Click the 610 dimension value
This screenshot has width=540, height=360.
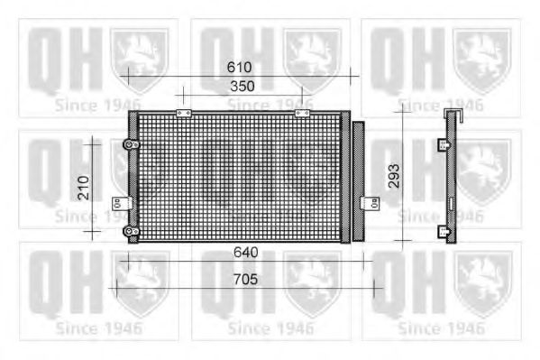pyautogui.click(x=239, y=67)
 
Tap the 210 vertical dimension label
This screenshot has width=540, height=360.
pyautogui.click(x=83, y=188)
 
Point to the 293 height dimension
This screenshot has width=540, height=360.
pyautogui.click(x=391, y=180)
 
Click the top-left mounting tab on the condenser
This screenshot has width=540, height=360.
pyautogui.click(x=185, y=113)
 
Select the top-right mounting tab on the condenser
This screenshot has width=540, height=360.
pyautogui.click(x=301, y=113)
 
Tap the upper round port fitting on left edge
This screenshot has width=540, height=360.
pyautogui.click(x=131, y=145)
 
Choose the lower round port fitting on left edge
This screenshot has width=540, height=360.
pyautogui.click(x=131, y=234)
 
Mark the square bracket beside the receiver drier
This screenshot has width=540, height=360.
pyautogui.click(x=366, y=203)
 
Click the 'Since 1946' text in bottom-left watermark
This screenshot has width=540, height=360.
pyautogui.click(x=97, y=328)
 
